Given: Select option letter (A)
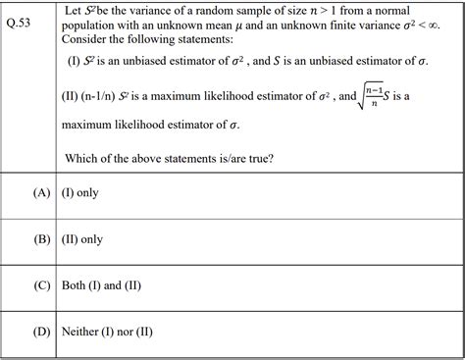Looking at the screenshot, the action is point(41,193).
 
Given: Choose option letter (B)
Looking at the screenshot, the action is point(41,238).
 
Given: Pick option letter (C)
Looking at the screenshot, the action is point(41,285).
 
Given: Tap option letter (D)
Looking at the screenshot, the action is point(41,332).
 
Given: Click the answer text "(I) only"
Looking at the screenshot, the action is point(79,193).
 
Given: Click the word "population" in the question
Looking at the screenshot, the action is point(91,26).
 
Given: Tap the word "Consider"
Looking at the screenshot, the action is point(86,40).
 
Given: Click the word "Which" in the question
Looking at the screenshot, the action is point(83,157).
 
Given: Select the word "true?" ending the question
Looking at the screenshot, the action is point(257,157).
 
